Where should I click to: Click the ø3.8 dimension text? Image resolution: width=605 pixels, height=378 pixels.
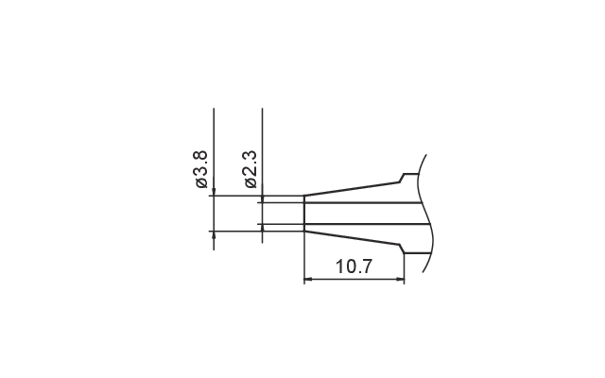click(x=201, y=169)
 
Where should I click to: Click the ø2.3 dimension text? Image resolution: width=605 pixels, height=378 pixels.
click(x=251, y=169)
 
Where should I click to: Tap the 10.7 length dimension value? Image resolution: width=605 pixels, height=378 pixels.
click(x=354, y=266)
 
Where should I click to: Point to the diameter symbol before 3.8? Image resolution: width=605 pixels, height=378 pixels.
click(x=201, y=182)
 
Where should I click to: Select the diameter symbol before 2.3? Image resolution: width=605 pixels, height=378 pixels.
click(x=251, y=182)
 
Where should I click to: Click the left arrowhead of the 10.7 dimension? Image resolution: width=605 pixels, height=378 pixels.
click(x=308, y=279)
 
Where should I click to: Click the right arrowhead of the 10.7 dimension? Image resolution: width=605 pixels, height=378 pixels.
click(x=400, y=279)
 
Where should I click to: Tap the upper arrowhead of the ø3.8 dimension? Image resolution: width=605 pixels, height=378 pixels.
click(x=214, y=192)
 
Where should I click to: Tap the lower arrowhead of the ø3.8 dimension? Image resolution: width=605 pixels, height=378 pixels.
click(x=214, y=235)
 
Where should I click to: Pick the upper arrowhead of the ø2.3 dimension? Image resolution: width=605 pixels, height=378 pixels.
click(x=263, y=199)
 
